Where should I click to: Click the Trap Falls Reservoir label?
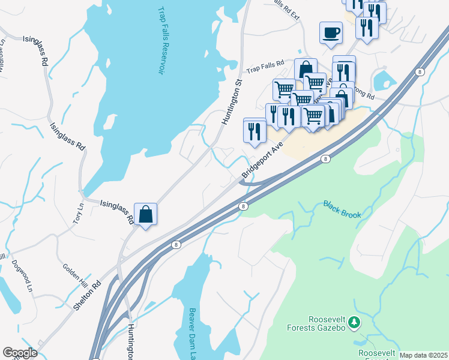161,41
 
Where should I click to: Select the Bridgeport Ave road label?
262,160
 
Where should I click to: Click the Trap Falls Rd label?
264,70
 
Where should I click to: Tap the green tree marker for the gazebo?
355,323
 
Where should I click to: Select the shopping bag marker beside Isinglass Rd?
145,214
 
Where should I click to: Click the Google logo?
20,353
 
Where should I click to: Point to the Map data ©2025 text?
423,355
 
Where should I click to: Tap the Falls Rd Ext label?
286,8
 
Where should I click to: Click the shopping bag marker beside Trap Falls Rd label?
306,68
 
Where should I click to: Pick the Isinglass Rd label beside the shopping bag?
116,211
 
